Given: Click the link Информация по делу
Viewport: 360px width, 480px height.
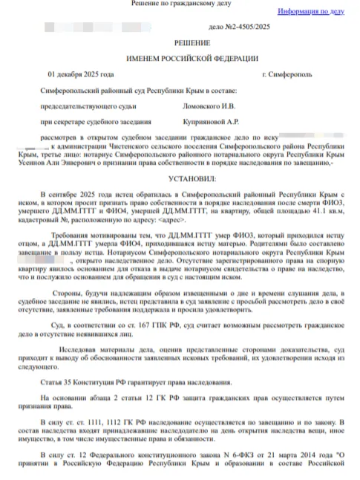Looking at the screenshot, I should [x=311, y=12].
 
